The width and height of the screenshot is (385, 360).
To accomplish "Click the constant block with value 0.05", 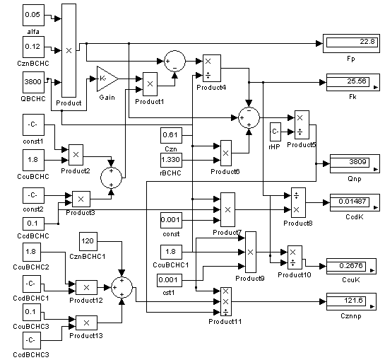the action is [34, 15].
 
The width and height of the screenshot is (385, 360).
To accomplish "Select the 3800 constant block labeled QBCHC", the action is [34, 82].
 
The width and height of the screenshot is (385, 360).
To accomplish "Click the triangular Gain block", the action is [107, 79].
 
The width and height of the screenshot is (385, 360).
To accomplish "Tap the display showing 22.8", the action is [351, 44].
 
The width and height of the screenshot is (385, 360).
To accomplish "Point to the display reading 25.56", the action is [353, 82].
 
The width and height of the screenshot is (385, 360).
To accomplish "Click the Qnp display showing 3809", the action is [355, 164].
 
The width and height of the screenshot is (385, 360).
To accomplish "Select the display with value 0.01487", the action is [355, 202].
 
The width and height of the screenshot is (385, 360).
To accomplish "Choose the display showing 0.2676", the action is [351, 267].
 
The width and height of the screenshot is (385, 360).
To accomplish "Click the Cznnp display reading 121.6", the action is [351, 301].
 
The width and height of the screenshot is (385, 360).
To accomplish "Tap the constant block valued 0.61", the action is [171, 135].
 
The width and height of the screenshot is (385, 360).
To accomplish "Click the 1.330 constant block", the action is [171, 160].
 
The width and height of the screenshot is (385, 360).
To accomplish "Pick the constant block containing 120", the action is [88, 241].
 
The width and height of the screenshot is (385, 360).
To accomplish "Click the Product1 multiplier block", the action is [150, 84].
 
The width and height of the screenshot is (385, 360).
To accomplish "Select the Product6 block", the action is [226, 153].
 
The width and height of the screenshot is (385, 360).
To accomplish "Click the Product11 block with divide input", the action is [226, 301].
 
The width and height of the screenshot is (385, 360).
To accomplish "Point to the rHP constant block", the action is [276, 132].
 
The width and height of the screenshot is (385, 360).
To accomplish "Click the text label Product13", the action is [86, 336].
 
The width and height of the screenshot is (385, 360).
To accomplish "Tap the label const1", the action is [33, 141].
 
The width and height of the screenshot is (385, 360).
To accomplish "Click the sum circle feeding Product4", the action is [174, 62].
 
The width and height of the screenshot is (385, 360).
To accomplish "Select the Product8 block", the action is [298, 202].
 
